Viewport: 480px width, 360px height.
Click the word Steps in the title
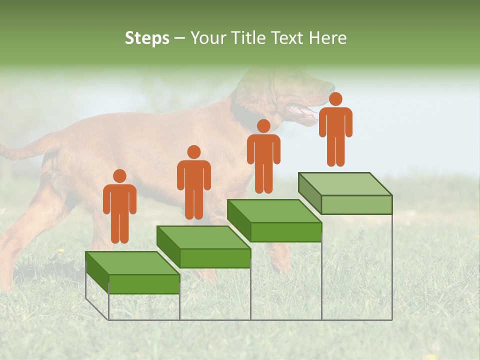(x=147, y=38)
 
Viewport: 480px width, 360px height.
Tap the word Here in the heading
(x=327, y=38)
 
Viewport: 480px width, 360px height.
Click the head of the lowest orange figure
(x=119, y=176)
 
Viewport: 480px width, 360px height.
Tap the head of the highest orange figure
(x=335, y=99)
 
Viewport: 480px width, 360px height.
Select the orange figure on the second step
(x=194, y=182)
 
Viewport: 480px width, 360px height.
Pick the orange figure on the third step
(x=263, y=156)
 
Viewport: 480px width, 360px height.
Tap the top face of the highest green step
(x=345, y=184)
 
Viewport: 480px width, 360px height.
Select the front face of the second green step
(x=215, y=258)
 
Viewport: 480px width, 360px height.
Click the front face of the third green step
(x=286, y=232)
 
